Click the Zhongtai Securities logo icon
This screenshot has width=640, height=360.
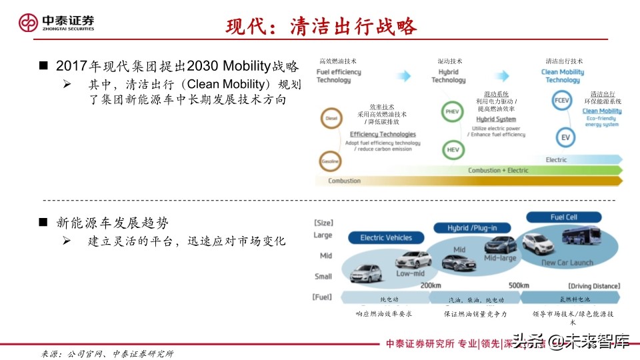coord(28,23)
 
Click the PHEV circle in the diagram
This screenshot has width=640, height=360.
coord(453,112)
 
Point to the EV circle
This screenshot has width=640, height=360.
coord(565,138)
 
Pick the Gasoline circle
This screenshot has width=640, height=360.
coord(331,161)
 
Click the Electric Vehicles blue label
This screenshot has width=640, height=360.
coord(386,237)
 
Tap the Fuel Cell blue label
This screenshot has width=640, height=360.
coord(563,217)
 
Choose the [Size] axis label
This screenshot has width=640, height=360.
coord(323,223)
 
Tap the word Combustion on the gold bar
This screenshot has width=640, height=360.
coord(344,181)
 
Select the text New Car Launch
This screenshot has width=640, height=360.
coord(567,263)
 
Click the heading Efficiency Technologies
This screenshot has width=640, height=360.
coord(383,134)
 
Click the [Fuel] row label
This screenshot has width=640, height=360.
coord(323,297)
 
